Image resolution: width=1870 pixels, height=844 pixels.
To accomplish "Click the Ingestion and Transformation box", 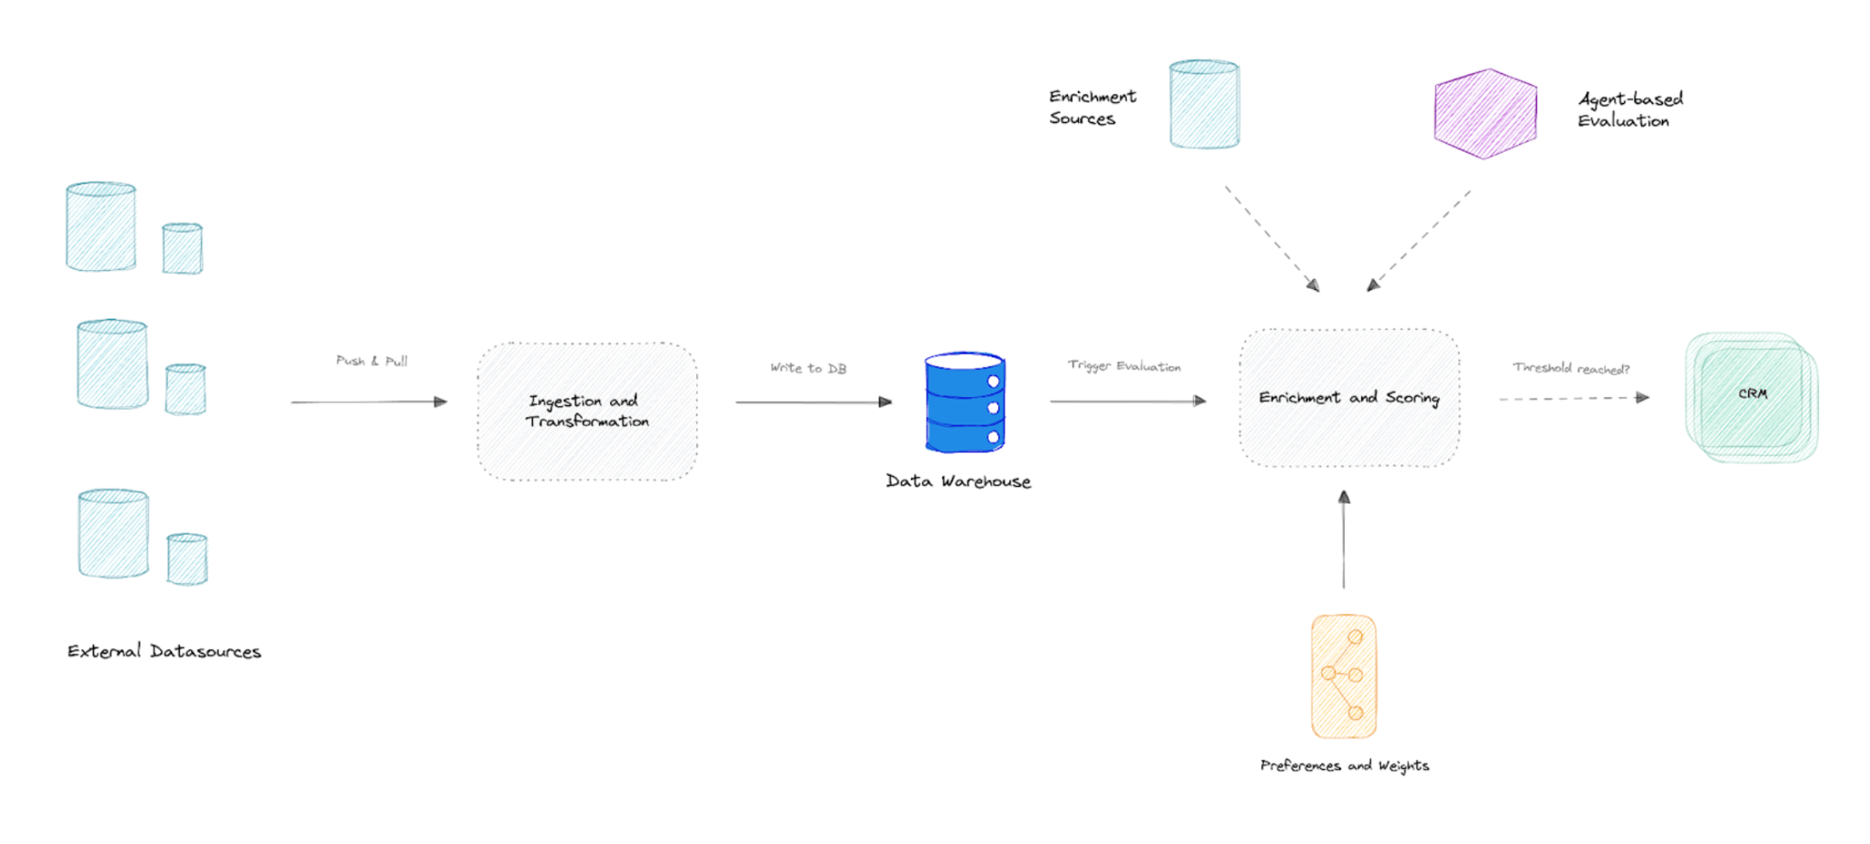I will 586,411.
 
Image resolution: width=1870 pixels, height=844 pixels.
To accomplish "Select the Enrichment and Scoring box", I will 1348,398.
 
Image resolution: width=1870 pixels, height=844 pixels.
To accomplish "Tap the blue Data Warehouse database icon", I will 965,402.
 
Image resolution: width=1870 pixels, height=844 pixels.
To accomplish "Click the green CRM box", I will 1752,396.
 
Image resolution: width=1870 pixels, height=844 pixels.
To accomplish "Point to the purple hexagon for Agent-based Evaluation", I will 1485,113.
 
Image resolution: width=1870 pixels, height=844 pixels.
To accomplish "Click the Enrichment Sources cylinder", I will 1203,105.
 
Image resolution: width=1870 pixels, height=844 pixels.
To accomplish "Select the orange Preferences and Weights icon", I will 1343,676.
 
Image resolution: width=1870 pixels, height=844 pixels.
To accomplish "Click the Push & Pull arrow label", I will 372,361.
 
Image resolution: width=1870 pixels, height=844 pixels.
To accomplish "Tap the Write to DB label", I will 808,368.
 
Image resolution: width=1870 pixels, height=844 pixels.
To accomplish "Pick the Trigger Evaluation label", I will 1124,366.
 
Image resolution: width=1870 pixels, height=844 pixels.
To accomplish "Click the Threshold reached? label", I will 1571,368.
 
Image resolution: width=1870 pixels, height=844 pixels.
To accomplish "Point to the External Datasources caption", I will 164,652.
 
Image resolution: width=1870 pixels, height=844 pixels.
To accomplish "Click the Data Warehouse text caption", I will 958,482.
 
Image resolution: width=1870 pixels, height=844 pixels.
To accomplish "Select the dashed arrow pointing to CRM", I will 1573,398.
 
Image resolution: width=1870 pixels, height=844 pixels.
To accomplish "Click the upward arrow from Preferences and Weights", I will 1344,541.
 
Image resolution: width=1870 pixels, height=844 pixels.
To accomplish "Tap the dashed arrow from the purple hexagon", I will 1420,240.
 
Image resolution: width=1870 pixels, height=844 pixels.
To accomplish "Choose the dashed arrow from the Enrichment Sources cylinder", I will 1272,238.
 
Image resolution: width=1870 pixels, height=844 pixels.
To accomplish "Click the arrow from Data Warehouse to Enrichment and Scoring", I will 1127,401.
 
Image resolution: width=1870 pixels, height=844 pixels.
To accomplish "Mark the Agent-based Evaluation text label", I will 1630,110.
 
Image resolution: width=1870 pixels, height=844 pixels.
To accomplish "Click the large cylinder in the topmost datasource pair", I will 101,227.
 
